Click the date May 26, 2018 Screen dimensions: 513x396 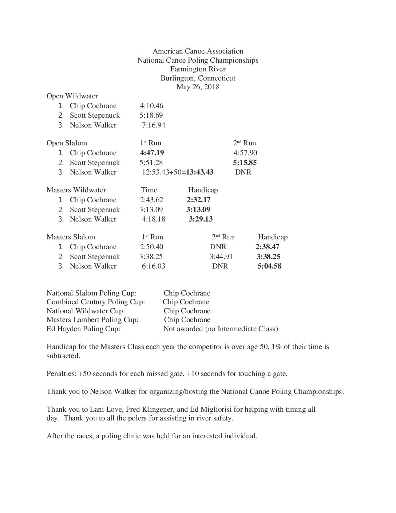coord(198,87)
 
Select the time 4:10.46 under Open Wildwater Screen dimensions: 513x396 coord(151,106)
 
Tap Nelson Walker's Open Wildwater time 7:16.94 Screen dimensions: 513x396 coord(154,125)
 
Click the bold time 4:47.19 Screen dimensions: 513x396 coord(152,153)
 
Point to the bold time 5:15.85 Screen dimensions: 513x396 coord(245,162)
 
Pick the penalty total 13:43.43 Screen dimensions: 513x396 coord(200,172)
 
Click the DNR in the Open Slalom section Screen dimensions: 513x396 coord(243,172)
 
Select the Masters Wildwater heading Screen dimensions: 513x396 coord(76,190)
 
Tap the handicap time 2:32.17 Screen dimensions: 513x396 coord(198,200)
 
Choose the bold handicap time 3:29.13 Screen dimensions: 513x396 coord(201,219)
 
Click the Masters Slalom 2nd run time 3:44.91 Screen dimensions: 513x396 coord(221,256)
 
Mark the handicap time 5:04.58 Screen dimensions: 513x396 coord(269,266)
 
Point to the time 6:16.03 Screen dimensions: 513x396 coord(153,266)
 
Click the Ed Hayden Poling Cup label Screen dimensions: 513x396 coord(83,329)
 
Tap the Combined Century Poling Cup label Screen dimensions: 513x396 coord(96,302)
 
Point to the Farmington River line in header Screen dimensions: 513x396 coord(198,69)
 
